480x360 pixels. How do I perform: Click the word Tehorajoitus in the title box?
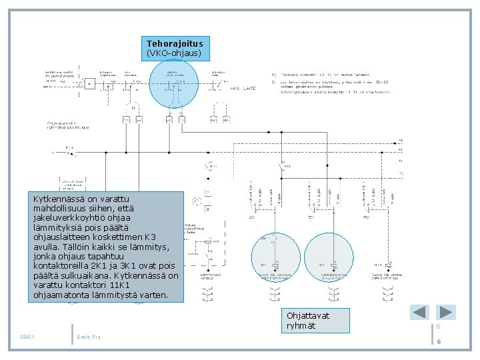tap(175, 43)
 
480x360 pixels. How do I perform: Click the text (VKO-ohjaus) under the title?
tap(175, 53)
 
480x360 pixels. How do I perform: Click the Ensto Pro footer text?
tap(88, 335)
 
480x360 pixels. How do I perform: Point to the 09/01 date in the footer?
tap(27, 335)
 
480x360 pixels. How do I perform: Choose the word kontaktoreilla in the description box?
tap(63, 265)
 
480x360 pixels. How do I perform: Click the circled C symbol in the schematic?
tap(197, 201)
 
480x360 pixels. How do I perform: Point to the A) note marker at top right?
tap(274, 74)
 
